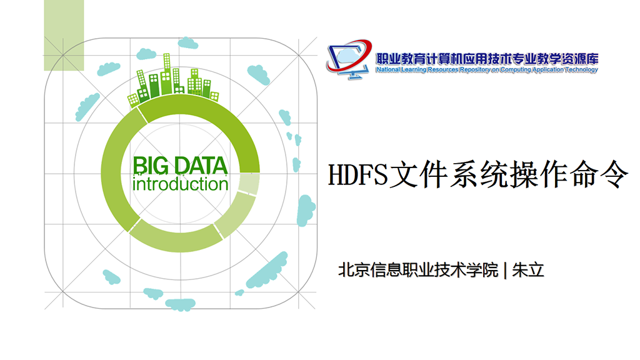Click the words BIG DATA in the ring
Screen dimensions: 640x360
coord(180,166)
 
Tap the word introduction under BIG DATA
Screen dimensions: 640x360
coord(180,184)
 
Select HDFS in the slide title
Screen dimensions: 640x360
coord(357,174)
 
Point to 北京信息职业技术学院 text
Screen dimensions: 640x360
coord(418,270)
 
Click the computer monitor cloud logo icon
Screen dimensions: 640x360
coord(349,59)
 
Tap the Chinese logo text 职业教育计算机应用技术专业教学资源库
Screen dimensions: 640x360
coord(487,59)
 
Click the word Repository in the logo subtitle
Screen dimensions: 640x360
coord(475,70)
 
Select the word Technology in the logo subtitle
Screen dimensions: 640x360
coord(581,70)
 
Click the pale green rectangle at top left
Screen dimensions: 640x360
coord(64,35)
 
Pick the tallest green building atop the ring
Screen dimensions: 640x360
coord(166,74)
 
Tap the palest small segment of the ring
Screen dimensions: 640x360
coord(249,184)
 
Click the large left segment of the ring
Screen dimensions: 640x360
coord(114,171)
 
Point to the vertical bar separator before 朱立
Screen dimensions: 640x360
coord(505,270)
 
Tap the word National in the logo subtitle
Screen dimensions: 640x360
coord(388,70)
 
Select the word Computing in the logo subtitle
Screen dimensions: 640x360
coord(516,70)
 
